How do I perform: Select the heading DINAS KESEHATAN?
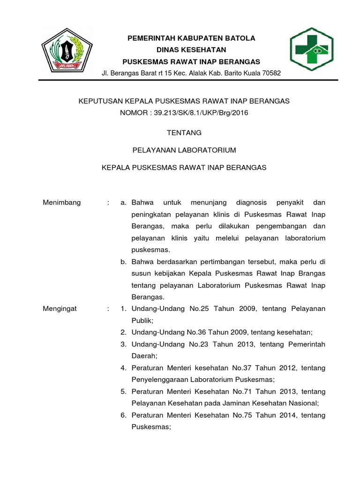click(191, 50)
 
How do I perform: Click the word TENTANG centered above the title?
click(184, 133)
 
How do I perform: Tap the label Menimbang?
click(62, 202)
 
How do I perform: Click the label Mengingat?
click(60, 308)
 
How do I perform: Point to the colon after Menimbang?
click(108, 202)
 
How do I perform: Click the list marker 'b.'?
click(124, 261)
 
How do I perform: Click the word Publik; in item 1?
click(142, 320)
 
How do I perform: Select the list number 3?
click(123, 344)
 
